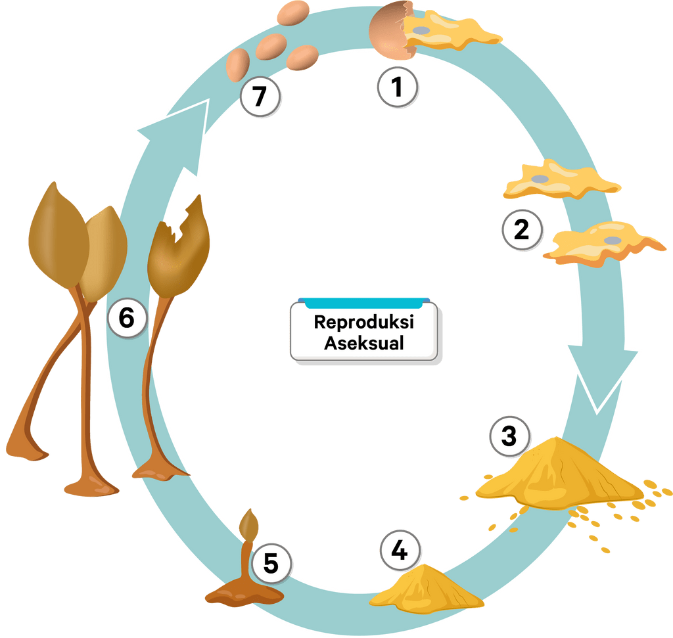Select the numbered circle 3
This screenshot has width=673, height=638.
pyautogui.click(x=509, y=437)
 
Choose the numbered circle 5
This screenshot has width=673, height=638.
pyautogui.click(x=271, y=563)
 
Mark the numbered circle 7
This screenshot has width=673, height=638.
pyautogui.click(x=260, y=97)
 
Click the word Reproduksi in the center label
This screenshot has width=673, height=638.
pyautogui.click(x=364, y=323)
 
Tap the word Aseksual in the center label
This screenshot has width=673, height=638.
pyautogui.click(x=364, y=343)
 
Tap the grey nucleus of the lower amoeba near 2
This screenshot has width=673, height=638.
pyautogui.click(x=612, y=240)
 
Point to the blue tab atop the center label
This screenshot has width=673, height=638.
pyautogui.click(x=364, y=303)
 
